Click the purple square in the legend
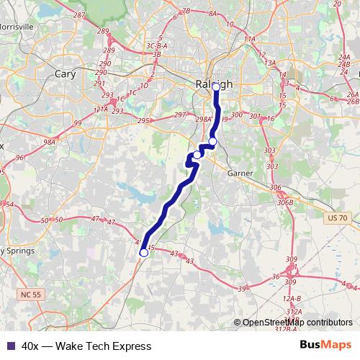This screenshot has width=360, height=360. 10,346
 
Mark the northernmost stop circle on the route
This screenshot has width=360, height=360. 216,87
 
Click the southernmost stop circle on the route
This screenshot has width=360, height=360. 143,253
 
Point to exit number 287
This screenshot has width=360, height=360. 99,15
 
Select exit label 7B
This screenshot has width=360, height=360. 186,11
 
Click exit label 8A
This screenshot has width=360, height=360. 212,13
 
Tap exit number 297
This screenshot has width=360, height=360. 180,115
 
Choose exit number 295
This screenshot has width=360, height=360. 143,120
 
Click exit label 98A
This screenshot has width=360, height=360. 49,143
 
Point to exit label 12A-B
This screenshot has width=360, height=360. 291,298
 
